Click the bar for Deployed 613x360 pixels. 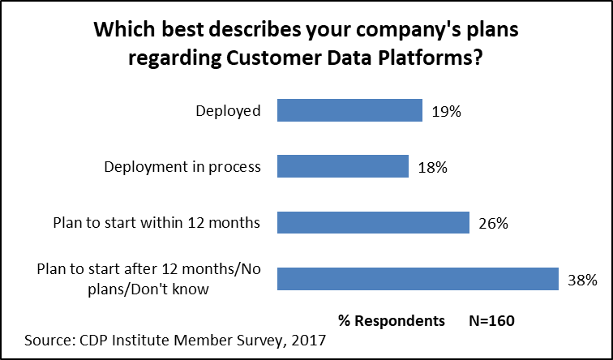pyautogui.click(x=349, y=110)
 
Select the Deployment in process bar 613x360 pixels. pyautogui.click(x=342, y=166)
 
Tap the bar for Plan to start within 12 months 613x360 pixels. pyautogui.click(x=373, y=223)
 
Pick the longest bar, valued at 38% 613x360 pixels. pyautogui.click(x=418, y=278)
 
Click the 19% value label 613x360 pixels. pyautogui.click(x=446, y=111)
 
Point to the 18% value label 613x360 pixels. pyautogui.click(x=432, y=167)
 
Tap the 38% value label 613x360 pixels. pyautogui.click(x=581, y=280)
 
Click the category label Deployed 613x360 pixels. pyautogui.click(x=228, y=111)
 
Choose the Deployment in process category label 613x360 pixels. pyautogui.click(x=183, y=167)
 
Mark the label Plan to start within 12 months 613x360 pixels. pyautogui.click(x=156, y=223)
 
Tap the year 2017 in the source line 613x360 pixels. pyautogui.click(x=307, y=340)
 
